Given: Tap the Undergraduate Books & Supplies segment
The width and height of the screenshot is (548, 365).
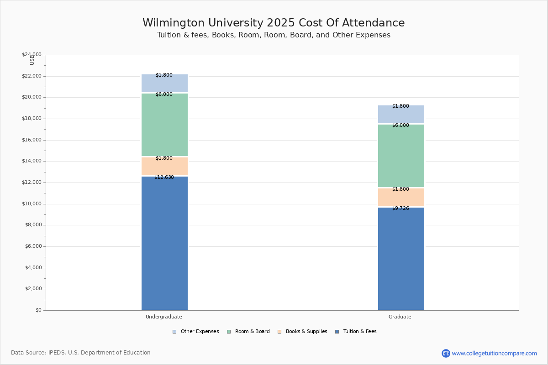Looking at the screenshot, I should (x=164, y=167).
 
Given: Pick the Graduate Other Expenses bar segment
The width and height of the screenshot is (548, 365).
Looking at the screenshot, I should (x=401, y=114).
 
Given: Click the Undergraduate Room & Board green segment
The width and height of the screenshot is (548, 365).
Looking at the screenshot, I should (x=164, y=125).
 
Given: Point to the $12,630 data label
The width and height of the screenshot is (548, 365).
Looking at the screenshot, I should (x=164, y=177).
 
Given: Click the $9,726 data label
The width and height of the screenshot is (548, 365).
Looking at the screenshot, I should (x=400, y=208).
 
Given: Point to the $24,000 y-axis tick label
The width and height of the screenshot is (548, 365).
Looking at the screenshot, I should (x=32, y=55).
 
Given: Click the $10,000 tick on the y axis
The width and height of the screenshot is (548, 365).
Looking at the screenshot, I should (x=32, y=203).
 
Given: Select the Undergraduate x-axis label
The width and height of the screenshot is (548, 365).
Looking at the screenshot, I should (x=164, y=317).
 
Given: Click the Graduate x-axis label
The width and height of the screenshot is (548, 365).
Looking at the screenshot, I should (x=400, y=317).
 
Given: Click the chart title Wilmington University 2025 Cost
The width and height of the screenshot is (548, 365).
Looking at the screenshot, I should (x=274, y=23).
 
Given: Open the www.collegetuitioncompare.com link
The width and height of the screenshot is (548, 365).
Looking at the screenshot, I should (x=494, y=353).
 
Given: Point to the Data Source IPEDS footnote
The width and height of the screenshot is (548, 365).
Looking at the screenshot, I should (x=81, y=353).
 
